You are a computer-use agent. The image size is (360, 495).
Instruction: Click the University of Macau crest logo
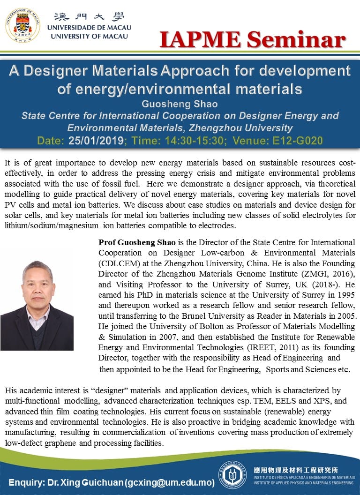click(x=22, y=24)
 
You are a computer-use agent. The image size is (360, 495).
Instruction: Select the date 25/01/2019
click(x=96, y=140)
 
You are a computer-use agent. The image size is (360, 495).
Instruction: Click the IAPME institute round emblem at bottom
click(x=232, y=475)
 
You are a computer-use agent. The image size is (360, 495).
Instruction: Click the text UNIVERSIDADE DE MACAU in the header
click(x=89, y=27)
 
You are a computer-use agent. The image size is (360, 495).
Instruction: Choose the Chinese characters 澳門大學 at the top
click(x=88, y=16)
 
